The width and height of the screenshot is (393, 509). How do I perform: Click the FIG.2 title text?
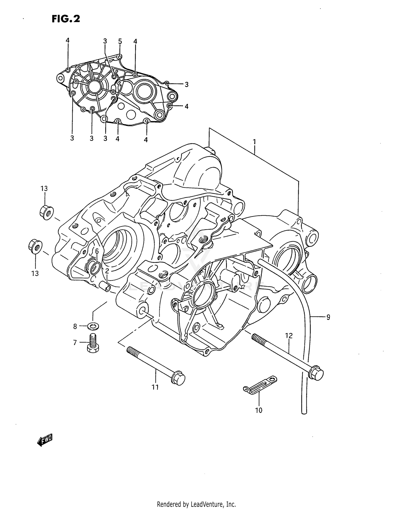tap(65, 19)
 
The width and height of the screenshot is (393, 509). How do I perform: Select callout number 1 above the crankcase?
tap(254, 142)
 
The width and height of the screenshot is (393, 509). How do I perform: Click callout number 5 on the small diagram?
tap(120, 41)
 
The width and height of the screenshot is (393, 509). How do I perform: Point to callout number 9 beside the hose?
tap(328, 317)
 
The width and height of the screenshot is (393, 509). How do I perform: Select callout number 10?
tap(259, 410)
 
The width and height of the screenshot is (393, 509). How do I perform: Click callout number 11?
tap(155, 387)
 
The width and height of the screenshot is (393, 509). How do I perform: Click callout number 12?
tap(289, 335)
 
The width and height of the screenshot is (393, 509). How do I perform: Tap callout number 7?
tap(75, 342)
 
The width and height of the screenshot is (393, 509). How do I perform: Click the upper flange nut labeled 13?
tap(47, 212)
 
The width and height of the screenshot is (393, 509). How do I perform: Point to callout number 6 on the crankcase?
tap(97, 251)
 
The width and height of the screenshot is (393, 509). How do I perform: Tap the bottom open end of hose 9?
tap(304, 412)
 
